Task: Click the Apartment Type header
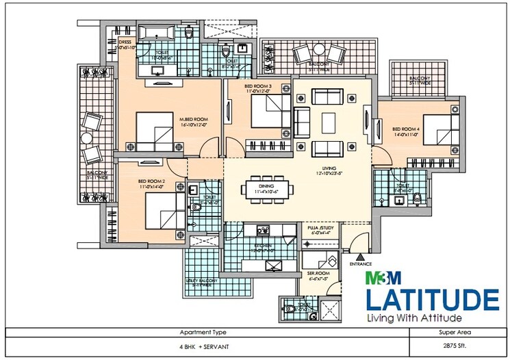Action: pos(208,333)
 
